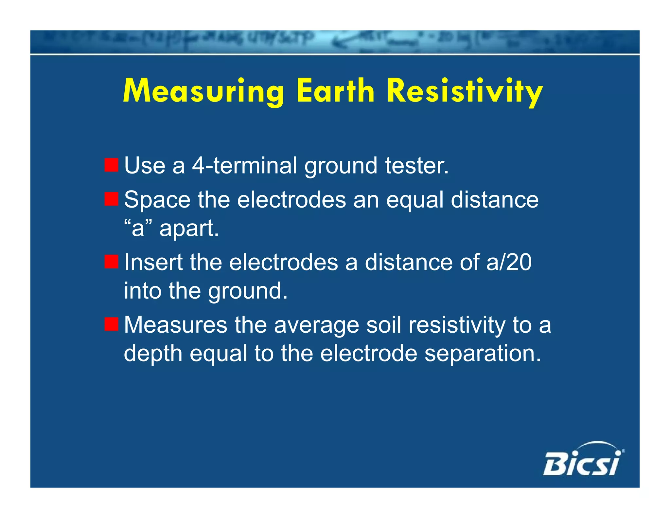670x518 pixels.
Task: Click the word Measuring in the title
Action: [x=203, y=92]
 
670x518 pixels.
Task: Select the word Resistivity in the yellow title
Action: [x=465, y=92]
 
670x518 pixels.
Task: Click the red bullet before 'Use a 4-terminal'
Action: [x=111, y=165]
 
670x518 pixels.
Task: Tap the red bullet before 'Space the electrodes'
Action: [x=111, y=199]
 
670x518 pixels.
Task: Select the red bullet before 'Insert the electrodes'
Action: [x=111, y=262]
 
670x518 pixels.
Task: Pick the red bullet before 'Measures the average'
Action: [x=111, y=324]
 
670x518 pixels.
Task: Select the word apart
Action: [x=189, y=229]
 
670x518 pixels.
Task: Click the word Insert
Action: [x=153, y=262]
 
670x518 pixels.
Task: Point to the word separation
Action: [x=483, y=354]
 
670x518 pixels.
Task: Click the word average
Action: [x=316, y=325]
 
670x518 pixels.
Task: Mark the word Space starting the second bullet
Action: [x=157, y=200]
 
